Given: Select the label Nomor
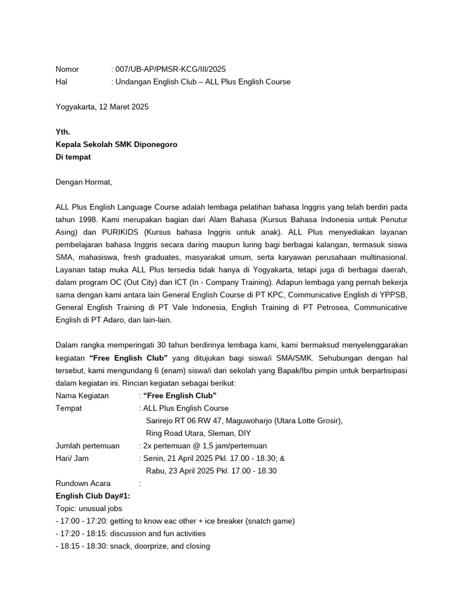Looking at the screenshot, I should [x=67, y=69].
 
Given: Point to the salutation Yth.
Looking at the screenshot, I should [x=63, y=132].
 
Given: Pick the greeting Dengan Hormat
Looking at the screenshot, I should [x=83, y=182].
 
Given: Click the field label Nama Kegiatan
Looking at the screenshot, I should [x=82, y=396].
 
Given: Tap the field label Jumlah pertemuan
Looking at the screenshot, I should [x=87, y=445].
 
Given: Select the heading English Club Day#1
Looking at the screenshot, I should [x=93, y=496].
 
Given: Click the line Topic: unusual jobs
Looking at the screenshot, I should [x=89, y=508].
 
